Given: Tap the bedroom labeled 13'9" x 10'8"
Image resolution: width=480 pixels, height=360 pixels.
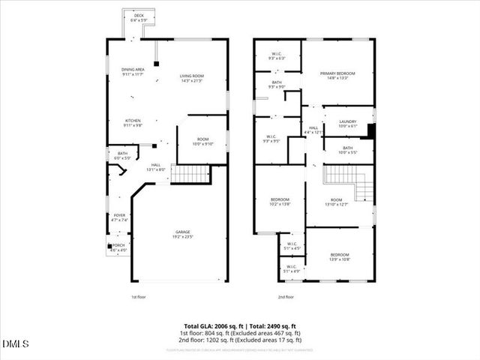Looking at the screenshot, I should [x=340, y=257].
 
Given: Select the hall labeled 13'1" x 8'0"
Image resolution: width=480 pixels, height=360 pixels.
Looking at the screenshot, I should [x=156, y=167].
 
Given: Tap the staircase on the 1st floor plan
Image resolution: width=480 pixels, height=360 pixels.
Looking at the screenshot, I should [x=190, y=174].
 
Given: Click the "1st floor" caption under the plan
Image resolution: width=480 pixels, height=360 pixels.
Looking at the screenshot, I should [x=139, y=298].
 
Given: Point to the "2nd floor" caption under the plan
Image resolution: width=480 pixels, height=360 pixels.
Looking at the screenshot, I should [x=285, y=298].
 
